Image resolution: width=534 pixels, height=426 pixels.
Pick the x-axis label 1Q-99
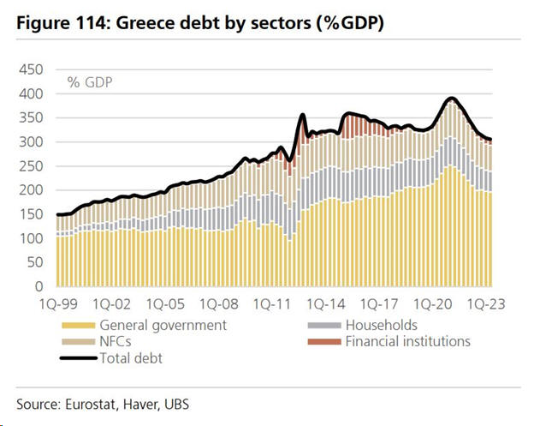(57, 304)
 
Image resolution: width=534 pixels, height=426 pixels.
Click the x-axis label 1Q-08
(219, 304)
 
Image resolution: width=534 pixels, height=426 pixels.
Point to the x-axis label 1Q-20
(435, 304)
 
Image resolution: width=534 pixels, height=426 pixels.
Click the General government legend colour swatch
(77, 326)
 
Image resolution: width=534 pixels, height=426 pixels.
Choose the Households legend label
(381, 325)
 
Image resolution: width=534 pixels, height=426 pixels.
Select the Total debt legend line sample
(77, 357)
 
